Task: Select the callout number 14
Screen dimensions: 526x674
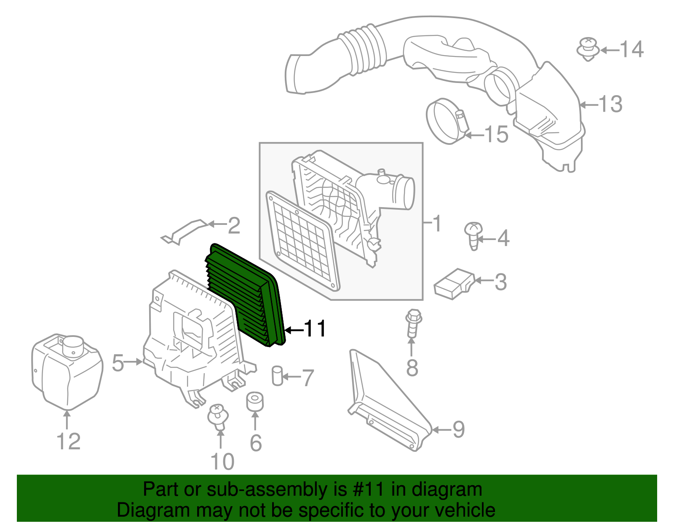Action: (x=631, y=50)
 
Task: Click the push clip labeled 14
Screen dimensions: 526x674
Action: (x=588, y=48)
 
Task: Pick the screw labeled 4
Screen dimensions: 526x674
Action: (x=473, y=235)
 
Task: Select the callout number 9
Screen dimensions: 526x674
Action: (x=458, y=430)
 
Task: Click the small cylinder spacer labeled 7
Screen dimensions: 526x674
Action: (x=277, y=375)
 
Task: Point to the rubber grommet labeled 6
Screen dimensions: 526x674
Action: (x=255, y=402)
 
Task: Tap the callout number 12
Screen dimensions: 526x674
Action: (x=68, y=441)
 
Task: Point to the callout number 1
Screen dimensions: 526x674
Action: (x=437, y=223)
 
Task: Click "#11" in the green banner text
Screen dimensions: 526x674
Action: (x=367, y=490)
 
